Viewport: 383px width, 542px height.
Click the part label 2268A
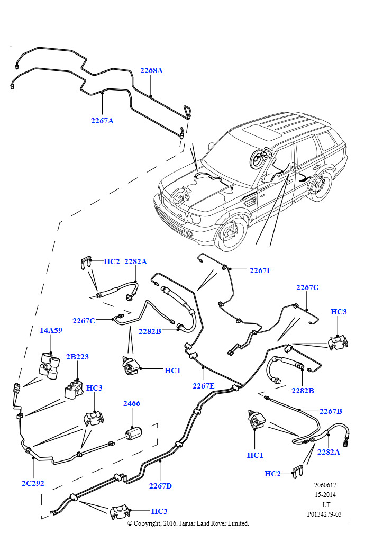(x=151, y=70)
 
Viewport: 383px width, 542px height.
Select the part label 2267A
(x=102, y=121)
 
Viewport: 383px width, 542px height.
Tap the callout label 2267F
(x=260, y=270)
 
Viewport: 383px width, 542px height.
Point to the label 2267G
(x=307, y=287)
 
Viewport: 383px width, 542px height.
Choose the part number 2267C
(x=84, y=321)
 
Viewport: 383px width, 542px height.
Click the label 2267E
(x=204, y=386)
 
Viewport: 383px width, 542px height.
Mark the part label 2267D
(x=160, y=486)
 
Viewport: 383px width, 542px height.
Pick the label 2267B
(x=331, y=411)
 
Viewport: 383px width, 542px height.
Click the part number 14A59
(x=51, y=330)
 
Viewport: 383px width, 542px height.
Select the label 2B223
(x=77, y=357)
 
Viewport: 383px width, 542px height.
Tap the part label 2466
(x=132, y=404)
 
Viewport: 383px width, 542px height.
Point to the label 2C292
(x=33, y=483)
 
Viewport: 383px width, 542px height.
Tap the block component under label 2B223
(x=74, y=390)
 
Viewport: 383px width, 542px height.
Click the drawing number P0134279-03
(x=324, y=514)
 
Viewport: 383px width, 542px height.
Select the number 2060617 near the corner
(x=325, y=485)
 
